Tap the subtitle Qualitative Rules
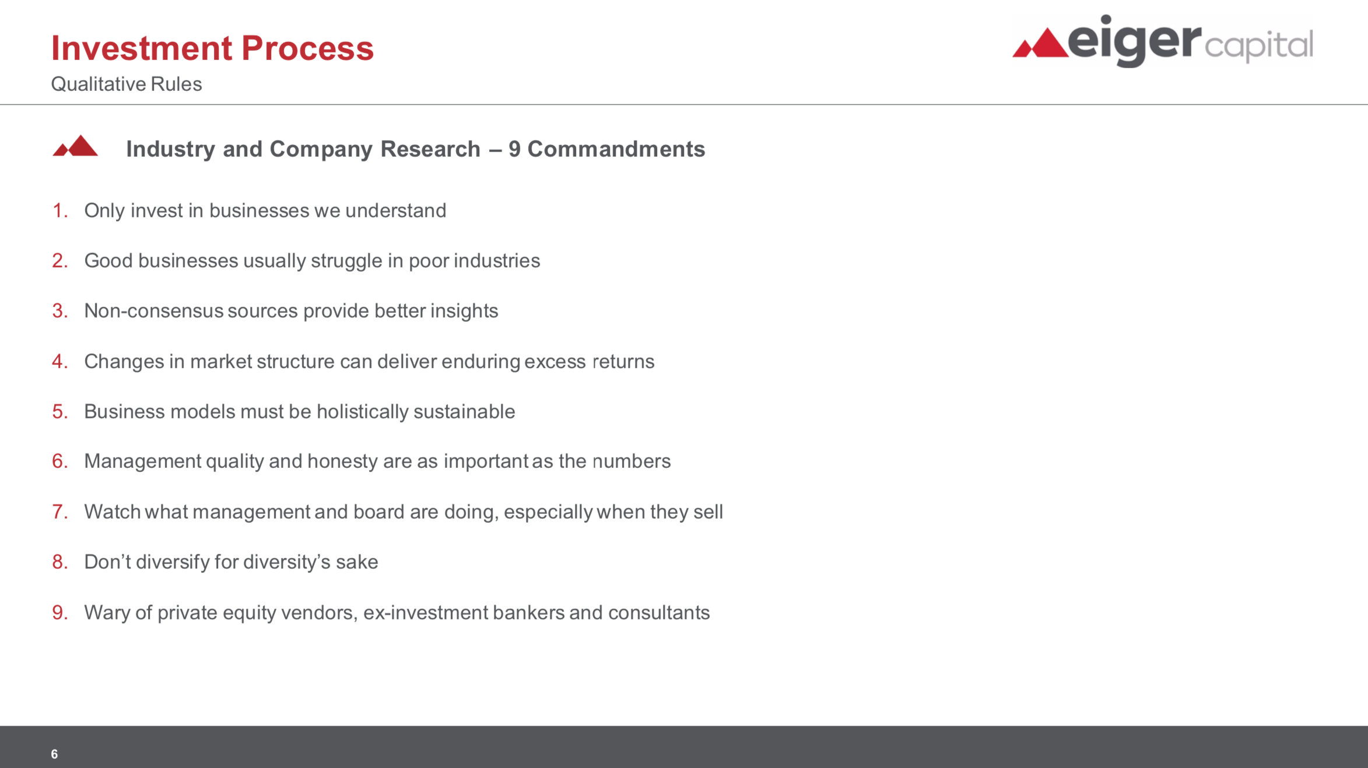point(127,84)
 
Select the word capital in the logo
point(1259,45)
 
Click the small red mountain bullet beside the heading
point(75,146)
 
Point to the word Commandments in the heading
point(616,149)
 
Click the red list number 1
point(60,210)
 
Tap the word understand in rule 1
point(396,210)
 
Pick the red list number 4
point(60,361)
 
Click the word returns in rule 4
point(624,361)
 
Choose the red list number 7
point(60,512)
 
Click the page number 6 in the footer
point(54,754)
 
